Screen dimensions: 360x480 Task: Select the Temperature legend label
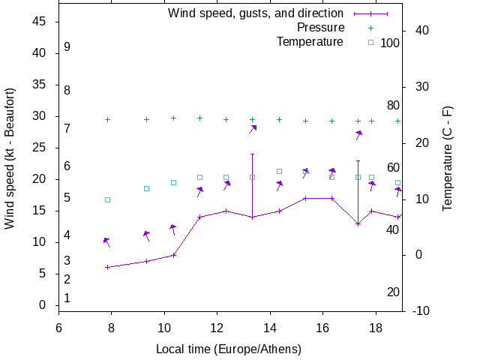tap(310, 41)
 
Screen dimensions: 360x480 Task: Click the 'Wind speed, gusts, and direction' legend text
tap(255, 13)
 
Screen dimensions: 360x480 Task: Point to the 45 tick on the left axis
tap(40, 22)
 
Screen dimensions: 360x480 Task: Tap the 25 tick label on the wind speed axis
tap(40, 148)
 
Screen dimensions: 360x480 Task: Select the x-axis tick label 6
tap(58, 327)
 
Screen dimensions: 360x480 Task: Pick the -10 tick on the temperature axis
tap(421, 310)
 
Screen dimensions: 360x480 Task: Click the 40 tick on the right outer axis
tap(421, 30)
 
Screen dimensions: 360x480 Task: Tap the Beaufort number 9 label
tap(67, 46)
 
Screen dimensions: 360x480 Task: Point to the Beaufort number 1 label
tap(67, 298)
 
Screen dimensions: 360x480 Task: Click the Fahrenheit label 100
tap(390, 43)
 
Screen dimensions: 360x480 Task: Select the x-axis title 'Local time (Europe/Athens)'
tap(229, 349)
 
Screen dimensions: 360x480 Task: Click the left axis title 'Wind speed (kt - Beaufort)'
tap(10, 158)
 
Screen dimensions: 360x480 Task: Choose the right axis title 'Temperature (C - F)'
tap(448, 158)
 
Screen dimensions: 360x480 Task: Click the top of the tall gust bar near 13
tap(252, 154)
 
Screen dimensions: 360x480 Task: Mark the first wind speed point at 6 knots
tap(107, 267)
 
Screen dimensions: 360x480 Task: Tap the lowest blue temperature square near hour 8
tap(107, 199)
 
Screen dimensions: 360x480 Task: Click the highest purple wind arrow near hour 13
tap(253, 129)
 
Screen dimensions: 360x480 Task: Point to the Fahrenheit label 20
tap(393, 292)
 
